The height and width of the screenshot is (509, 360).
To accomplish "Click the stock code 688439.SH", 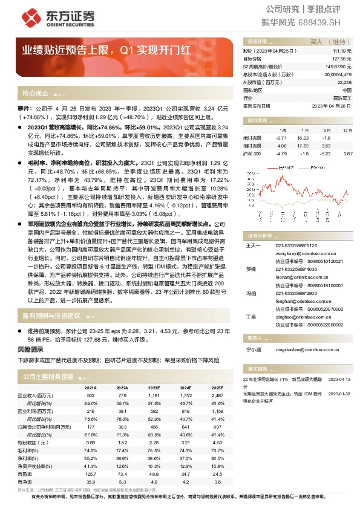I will coord(324,22).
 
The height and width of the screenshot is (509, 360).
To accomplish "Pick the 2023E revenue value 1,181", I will coord(154,395).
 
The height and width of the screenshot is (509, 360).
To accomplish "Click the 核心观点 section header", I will coord(35,94).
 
